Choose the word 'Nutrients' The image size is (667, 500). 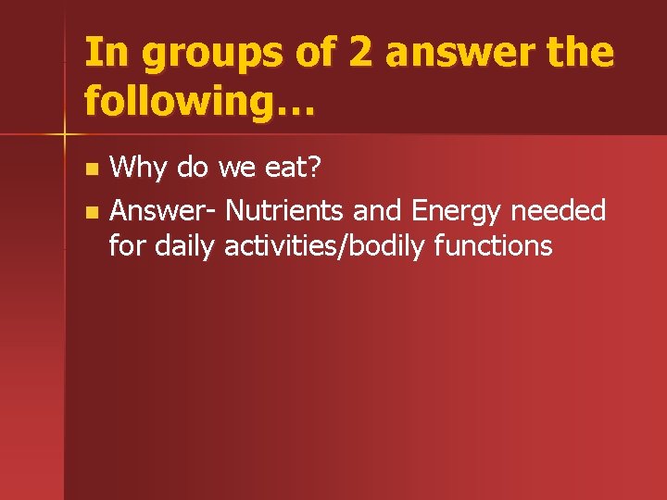pos(285,211)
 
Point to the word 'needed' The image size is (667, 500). pos(560,211)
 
